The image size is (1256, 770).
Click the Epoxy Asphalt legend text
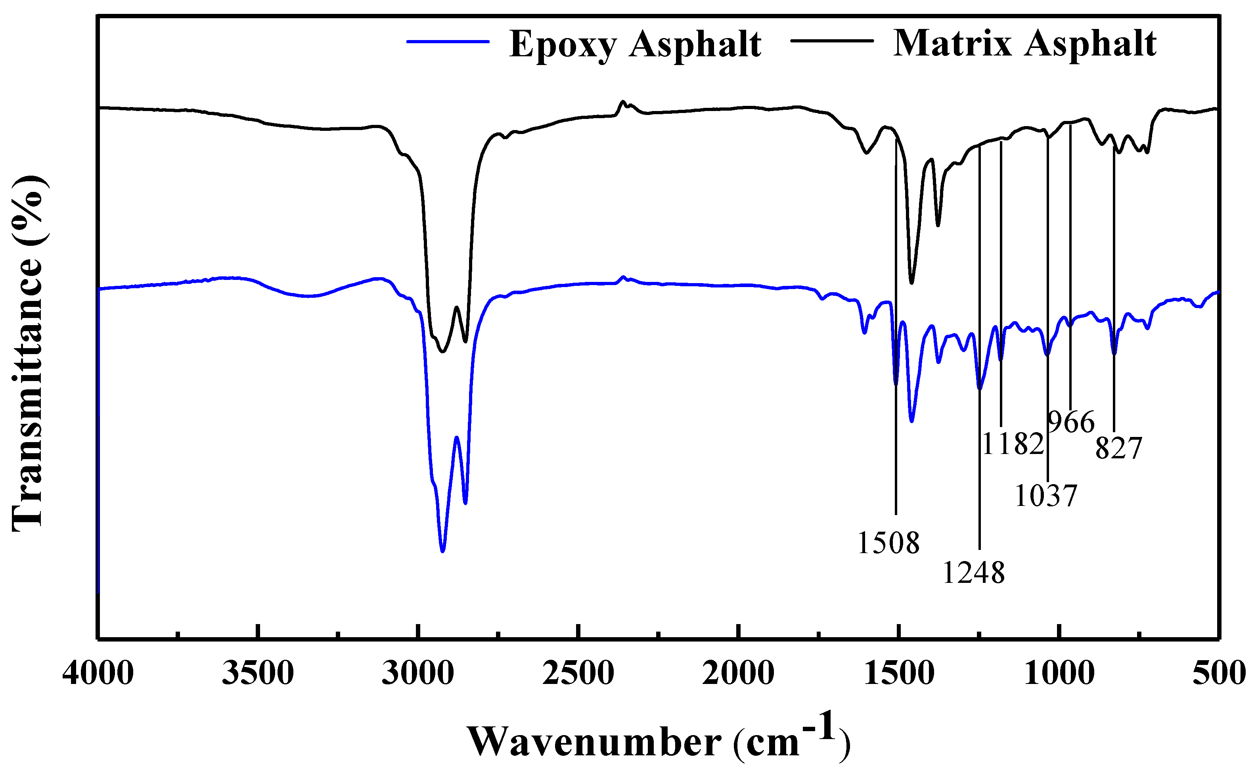635,44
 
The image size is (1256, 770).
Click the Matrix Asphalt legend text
1024,43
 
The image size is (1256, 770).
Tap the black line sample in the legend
832,40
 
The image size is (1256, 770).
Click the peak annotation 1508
888,542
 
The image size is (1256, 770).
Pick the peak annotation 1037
1046,495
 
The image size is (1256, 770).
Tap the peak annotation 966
1072,422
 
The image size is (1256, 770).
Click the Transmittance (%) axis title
28,352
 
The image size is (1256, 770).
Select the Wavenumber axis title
658,739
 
